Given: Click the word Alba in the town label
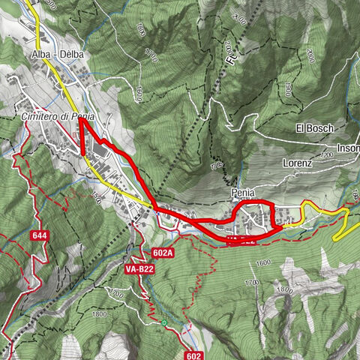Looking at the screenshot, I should coord(40,55).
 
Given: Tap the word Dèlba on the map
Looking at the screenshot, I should coord(70,55).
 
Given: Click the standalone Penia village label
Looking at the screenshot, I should coord(243,193).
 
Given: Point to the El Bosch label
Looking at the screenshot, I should coord(314,127).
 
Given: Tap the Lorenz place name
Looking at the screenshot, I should coord(297,163).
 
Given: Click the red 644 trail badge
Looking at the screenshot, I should coord(40,235).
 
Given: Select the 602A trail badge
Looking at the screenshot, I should coord(162,253).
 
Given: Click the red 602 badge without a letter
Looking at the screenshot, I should coord(194,355).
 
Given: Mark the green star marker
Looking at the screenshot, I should coord(164,323).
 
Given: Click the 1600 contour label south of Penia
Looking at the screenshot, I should coord(262,263).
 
